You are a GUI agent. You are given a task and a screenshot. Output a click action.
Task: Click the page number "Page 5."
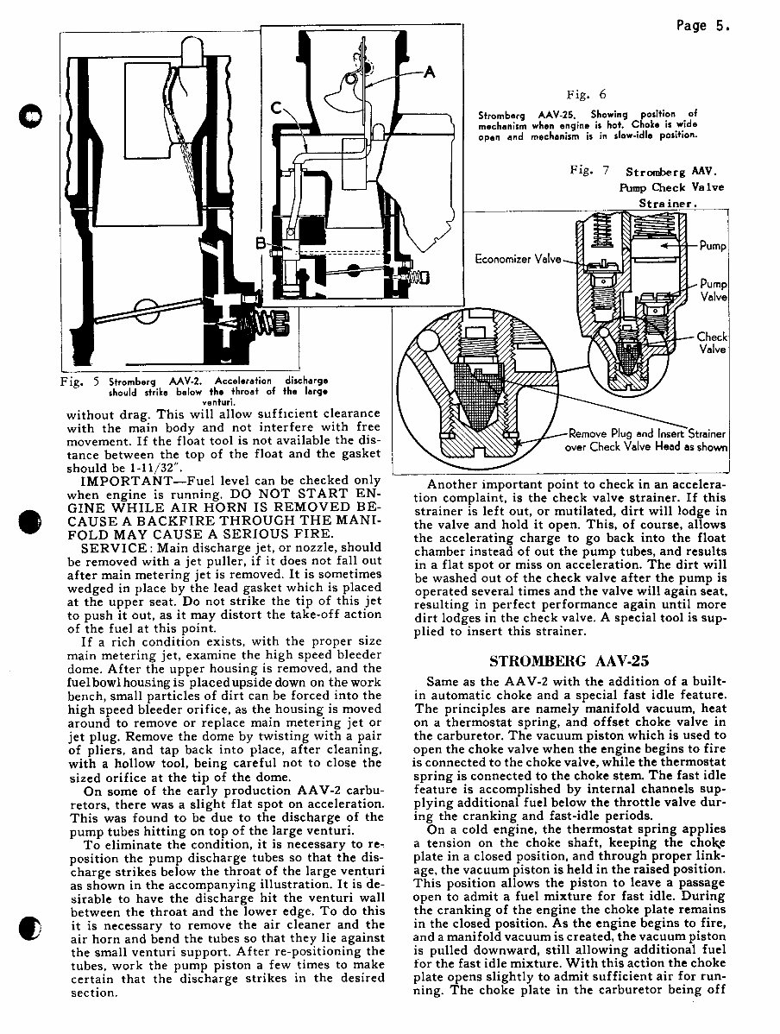point(703,26)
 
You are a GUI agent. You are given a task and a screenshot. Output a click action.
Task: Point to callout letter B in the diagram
point(261,244)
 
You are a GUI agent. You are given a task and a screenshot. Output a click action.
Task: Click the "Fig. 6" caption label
point(586,95)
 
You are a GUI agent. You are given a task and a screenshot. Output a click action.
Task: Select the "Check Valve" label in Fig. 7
point(712,343)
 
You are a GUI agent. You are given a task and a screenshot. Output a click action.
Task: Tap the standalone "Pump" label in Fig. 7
point(713,246)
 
